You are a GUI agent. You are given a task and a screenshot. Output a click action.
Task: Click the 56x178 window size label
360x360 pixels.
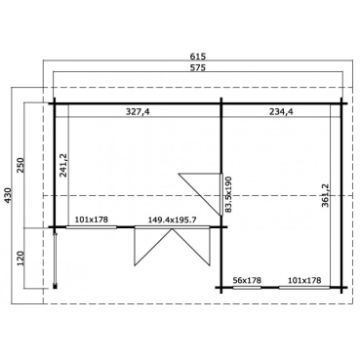[x=249, y=280]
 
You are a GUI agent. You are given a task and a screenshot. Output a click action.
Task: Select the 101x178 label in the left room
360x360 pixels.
[x=94, y=220]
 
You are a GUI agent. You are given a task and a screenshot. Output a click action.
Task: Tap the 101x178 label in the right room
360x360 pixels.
[x=305, y=280]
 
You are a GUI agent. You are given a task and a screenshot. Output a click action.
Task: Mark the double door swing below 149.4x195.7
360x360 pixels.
[x=173, y=249]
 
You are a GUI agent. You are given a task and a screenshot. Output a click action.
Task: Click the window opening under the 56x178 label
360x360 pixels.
[x=249, y=289]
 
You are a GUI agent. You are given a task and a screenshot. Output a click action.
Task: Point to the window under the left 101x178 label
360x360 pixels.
[x=94, y=228]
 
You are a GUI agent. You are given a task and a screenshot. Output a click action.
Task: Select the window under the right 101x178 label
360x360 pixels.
[x=305, y=289]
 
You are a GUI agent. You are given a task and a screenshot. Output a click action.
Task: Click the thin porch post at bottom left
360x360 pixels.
[x=56, y=259]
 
